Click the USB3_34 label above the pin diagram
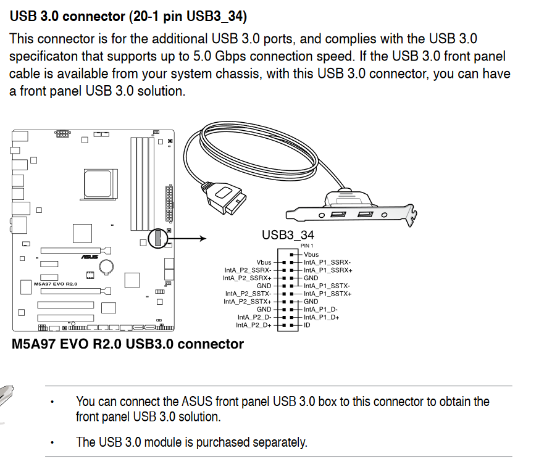pos(288,235)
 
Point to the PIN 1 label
pos(307,246)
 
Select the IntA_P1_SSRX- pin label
pos(327,262)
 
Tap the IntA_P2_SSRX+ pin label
pos(248,278)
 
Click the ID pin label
pos(307,325)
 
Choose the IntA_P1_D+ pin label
pos(321,317)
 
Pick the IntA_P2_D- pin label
pos(254,317)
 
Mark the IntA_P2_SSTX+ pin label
pos(248,301)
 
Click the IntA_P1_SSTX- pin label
pos(327,286)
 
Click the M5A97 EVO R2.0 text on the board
pos(56,284)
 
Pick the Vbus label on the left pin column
pos(264,262)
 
